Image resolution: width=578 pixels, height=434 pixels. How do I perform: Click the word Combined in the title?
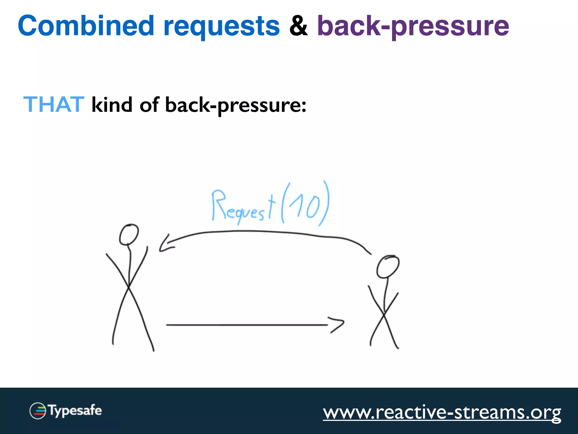coord(86,26)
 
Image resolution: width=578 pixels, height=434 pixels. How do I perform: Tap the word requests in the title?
coord(222,27)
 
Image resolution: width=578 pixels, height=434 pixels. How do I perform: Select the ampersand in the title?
coord(298,26)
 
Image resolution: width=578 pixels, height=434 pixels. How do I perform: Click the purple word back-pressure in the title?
coord(413,27)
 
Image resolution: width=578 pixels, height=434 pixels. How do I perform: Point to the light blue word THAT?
coord(54,105)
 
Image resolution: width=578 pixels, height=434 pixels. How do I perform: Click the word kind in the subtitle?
coord(112,105)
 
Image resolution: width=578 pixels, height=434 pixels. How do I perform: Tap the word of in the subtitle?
coord(149,105)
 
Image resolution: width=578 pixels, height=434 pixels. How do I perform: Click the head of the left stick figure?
coord(129,235)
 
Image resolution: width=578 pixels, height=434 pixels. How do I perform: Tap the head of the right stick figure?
coord(388,266)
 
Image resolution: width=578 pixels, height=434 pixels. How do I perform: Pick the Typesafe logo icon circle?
coord(38,411)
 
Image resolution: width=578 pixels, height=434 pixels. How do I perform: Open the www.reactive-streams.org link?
coord(442,412)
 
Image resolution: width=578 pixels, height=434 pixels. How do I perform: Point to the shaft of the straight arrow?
coord(246,325)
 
